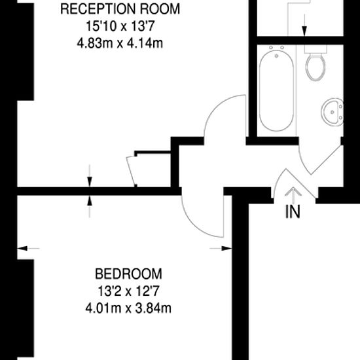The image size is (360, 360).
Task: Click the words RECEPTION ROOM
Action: tap(120, 9)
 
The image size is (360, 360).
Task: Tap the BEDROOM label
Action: tap(128, 274)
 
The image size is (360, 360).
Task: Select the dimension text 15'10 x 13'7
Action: tap(120, 26)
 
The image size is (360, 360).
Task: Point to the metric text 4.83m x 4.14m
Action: tap(120, 43)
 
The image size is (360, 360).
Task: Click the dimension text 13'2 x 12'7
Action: tap(128, 291)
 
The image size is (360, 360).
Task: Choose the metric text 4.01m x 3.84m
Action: tap(128, 308)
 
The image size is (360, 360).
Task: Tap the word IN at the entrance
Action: tap(293, 211)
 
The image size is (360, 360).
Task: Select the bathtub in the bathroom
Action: tap(276, 91)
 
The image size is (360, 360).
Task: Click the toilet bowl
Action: tap(315, 67)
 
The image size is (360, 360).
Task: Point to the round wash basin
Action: tap(333, 112)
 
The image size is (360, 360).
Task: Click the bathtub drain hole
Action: tap(276, 56)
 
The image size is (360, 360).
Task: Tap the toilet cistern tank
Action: tap(315, 49)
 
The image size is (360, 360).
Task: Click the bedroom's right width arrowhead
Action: tap(226, 248)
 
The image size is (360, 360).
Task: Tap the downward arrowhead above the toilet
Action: tap(304, 31)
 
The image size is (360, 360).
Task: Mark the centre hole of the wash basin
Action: tap(332, 112)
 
